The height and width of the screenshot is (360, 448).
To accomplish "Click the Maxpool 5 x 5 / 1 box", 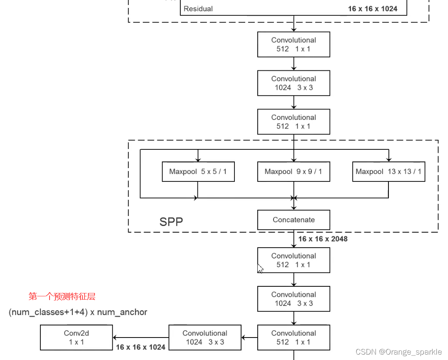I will point(198,171).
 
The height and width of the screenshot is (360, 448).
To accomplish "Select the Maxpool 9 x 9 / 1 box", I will point(294,171).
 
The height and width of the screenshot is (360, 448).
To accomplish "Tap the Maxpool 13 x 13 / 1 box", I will point(388,171).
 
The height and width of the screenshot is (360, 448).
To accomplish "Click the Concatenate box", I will point(294,220).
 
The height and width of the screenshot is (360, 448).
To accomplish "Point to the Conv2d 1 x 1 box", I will point(76,338).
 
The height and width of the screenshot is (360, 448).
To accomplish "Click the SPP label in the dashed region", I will point(171,221).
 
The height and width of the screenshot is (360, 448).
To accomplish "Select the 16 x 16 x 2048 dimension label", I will point(323,239).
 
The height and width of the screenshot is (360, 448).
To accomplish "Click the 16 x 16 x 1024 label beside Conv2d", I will point(141,347).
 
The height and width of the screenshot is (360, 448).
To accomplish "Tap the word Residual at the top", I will point(198,9).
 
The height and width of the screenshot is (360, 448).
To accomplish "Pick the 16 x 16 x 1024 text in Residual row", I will point(373,9).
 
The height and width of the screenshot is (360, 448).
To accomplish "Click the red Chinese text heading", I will point(62,296).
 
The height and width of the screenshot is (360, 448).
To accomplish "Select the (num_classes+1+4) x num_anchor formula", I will point(78,312).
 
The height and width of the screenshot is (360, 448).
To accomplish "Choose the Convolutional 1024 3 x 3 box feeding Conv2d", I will point(205,338).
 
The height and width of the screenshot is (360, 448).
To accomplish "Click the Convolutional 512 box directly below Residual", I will point(294,45).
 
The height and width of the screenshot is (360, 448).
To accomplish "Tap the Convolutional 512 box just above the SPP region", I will point(294,122).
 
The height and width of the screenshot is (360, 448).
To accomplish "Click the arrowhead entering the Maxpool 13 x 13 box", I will point(388,159).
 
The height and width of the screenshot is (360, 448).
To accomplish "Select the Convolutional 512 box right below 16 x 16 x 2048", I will point(294,260).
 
